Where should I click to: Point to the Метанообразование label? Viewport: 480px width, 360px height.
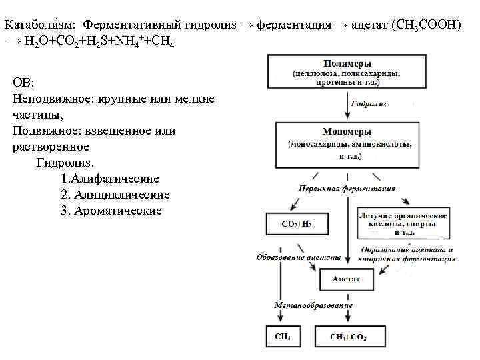[313, 305]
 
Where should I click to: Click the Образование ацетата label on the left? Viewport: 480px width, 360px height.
[299, 257]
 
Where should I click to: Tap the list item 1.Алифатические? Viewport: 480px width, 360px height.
[109, 179]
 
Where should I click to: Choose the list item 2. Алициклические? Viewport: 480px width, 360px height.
[115, 195]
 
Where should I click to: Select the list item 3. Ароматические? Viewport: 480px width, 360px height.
[111, 211]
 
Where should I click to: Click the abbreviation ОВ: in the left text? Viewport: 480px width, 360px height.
[25, 83]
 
